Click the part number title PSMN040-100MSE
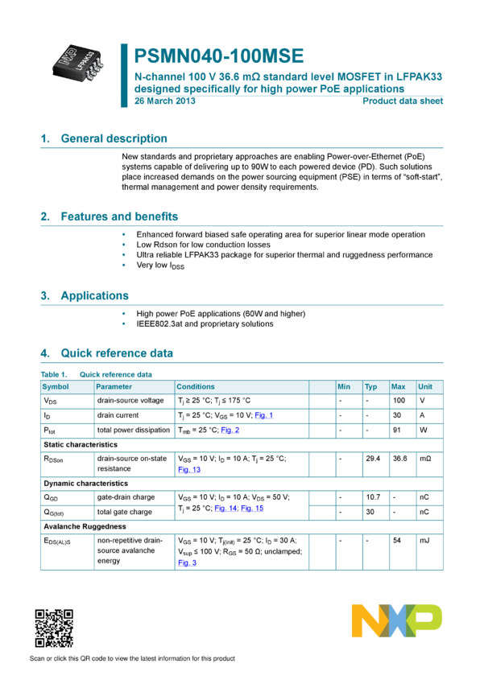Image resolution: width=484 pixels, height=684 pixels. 218,56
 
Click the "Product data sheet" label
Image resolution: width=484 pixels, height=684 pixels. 403,101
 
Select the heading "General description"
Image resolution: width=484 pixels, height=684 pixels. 114,138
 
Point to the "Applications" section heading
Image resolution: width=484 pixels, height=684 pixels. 94,295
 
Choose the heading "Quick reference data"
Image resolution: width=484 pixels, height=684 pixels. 117,353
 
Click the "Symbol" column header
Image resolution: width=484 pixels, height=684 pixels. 56,387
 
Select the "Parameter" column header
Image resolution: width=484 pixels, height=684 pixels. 114,387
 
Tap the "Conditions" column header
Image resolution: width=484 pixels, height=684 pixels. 196,387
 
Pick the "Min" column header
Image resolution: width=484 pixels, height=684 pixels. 344,387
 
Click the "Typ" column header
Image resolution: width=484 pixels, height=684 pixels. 371,387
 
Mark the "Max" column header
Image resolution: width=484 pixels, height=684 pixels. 398,387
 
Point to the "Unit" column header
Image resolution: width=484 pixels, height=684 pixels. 425,387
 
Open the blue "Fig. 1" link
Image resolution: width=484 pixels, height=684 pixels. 264,416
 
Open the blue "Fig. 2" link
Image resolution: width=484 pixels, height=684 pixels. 230,431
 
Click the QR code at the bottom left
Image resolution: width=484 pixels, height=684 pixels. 54,628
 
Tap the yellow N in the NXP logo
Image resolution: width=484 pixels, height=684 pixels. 367,620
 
